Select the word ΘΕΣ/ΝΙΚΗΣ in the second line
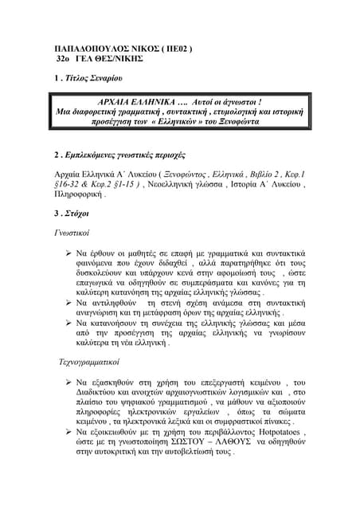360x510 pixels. pos(117,60)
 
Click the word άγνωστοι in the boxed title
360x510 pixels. pos(254,104)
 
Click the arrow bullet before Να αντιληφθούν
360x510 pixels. pos(69,304)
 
